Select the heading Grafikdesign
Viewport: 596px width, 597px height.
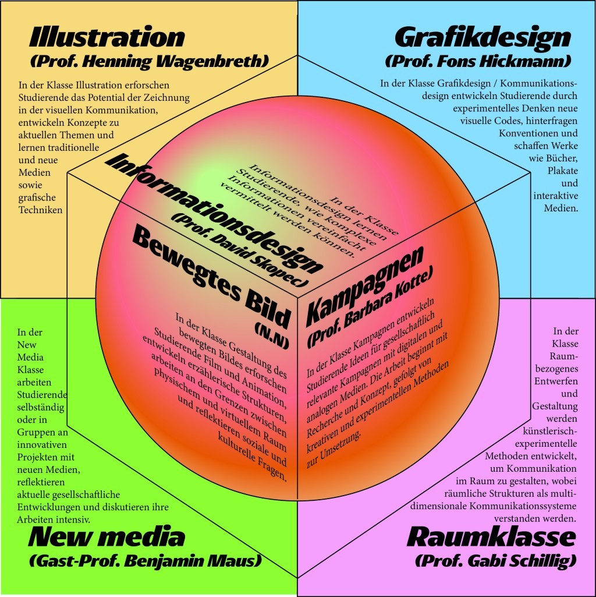point(483,37)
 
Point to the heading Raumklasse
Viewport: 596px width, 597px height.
point(492,536)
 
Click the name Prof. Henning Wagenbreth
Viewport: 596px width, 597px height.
point(149,61)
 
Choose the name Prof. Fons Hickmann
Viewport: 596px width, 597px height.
point(478,61)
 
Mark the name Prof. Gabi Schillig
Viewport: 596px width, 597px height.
point(496,561)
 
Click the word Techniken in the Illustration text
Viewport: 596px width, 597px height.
point(40,210)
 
